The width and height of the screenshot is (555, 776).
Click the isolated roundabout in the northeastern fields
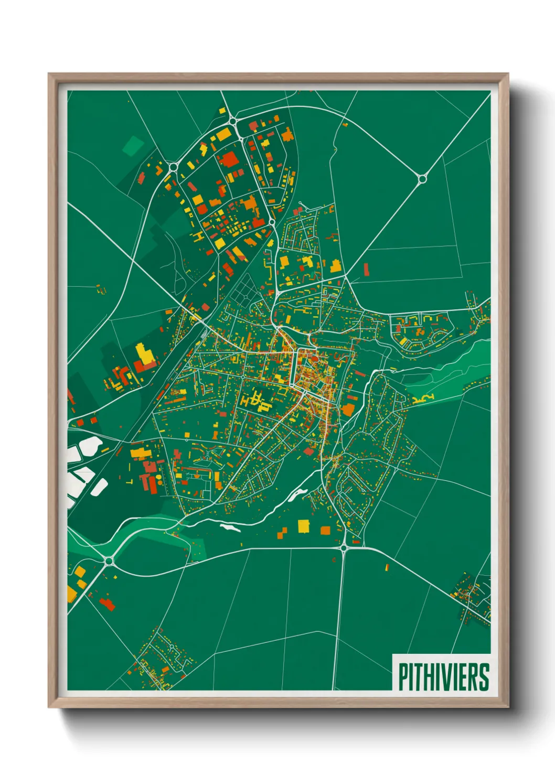coord(422,179)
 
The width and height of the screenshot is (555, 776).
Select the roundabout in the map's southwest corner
coord(109,561)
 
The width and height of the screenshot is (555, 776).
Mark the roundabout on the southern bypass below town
coord(344,548)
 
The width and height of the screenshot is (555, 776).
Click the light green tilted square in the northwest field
coord(133,145)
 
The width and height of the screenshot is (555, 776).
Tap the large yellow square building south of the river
coord(304,526)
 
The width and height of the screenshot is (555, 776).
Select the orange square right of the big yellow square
coord(325,531)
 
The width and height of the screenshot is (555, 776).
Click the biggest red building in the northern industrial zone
coord(229,159)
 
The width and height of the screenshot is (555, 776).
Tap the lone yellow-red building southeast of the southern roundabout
coord(387,567)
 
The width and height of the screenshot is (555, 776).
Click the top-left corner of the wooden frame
coord(49,74)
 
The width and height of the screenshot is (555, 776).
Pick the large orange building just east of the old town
coord(348,409)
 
